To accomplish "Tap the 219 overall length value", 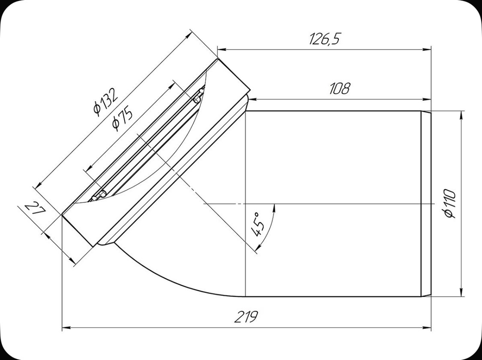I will [247, 317].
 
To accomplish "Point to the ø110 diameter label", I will [451, 203].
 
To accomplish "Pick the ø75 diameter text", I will [122, 118].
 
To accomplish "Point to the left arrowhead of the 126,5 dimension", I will [221, 49].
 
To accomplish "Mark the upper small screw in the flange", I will [197, 98].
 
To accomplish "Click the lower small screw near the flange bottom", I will [98, 195].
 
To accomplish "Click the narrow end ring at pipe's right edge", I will [426, 203].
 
